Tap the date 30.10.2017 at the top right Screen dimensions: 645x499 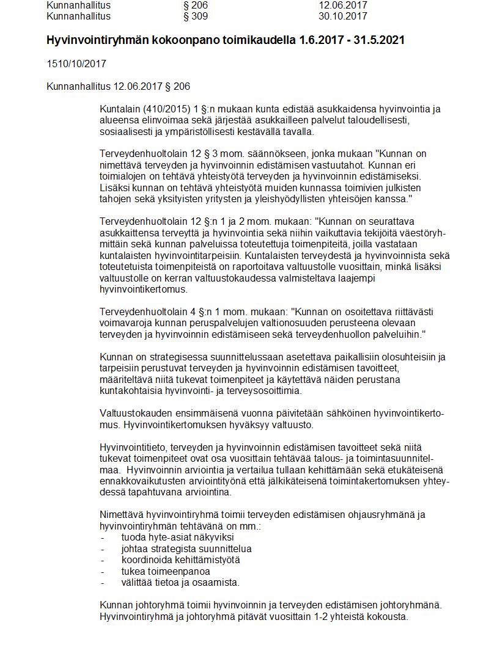point(342,16)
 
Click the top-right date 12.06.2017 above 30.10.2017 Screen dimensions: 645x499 point(342,5)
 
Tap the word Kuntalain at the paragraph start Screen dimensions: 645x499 point(119,109)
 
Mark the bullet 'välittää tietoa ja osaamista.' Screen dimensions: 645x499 point(180,582)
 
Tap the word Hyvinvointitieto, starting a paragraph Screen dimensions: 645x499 point(130,447)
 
